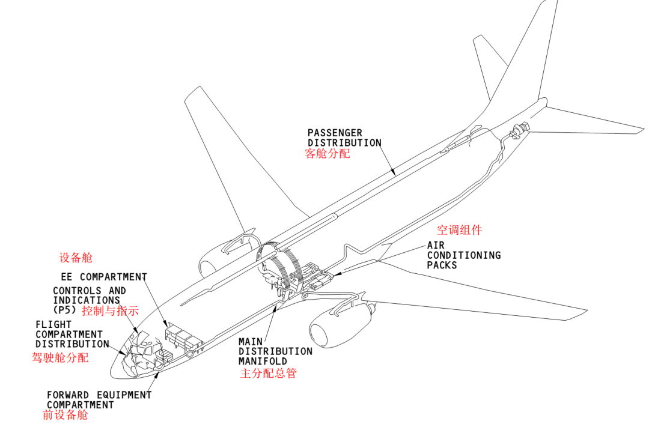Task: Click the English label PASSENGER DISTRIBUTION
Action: [x=344, y=138]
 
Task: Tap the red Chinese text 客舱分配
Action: [x=328, y=154]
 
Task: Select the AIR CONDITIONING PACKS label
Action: [x=463, y=255]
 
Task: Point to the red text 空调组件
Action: [x=459, y=230]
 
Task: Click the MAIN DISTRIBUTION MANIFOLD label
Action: [x=275, y=351]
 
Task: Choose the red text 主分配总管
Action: [x=268, y=373]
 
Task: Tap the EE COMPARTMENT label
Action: [x=104, y=277]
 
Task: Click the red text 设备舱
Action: [x=76, y=258]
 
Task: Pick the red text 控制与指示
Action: [x=110, y=311]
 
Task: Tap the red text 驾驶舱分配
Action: [x=60, y=358]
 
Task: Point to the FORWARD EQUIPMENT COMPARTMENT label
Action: [x=99, y=400]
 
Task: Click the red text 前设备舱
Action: [x=65, y=415]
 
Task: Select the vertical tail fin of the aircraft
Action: [x=529, y=60]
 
